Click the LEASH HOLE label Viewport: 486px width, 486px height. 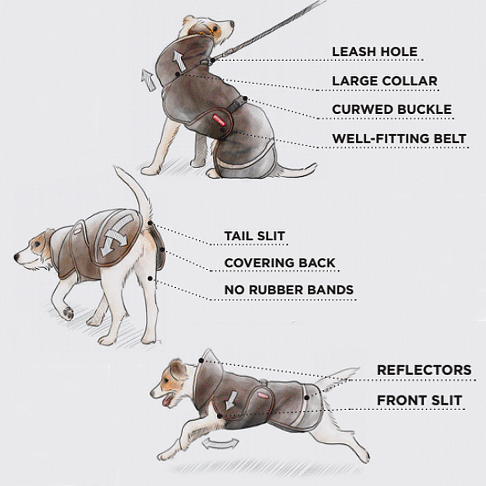tap(375, 52)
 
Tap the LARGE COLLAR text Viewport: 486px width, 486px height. tap(384, 81)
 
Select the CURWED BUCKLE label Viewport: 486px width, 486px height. tap(392, 109)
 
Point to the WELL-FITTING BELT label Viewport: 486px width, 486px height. tap(399, 138)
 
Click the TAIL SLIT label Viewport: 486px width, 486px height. tap(255, 236)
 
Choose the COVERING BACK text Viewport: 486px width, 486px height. tap(280, 263)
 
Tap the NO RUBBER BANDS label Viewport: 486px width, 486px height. tap(289, 290)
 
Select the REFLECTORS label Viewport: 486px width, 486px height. tap(424, 370)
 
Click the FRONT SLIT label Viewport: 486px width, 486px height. tap(419, 400)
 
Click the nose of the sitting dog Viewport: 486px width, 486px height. tap(231, 23)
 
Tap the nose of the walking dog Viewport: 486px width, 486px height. tap(17, 257)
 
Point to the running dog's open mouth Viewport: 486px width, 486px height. tap(168, 400)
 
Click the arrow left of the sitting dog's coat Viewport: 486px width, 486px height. tap(148, 80)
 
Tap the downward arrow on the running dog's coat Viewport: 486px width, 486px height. tap(231, 400)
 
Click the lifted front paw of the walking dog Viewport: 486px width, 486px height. tap(69, 313)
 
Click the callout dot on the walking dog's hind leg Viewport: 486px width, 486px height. tap(150, 278)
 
